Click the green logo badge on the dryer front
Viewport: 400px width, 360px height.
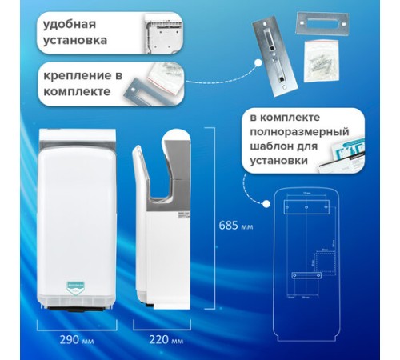[x=78, y=285]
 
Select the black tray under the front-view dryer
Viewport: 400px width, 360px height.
[x=78, y=306]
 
